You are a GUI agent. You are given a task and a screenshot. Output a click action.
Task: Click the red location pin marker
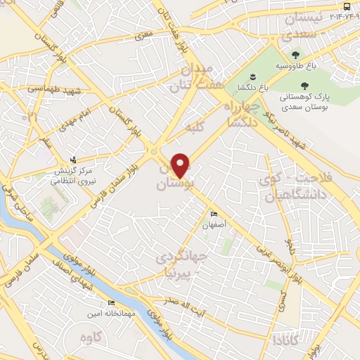pyautogui.click(x=181, y=165)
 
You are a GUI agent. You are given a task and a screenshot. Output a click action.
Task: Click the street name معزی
pyautogui.click(x=145, y=32)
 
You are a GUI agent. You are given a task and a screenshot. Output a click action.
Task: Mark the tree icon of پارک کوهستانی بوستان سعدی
pyautogui.click(x=304, y=85)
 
